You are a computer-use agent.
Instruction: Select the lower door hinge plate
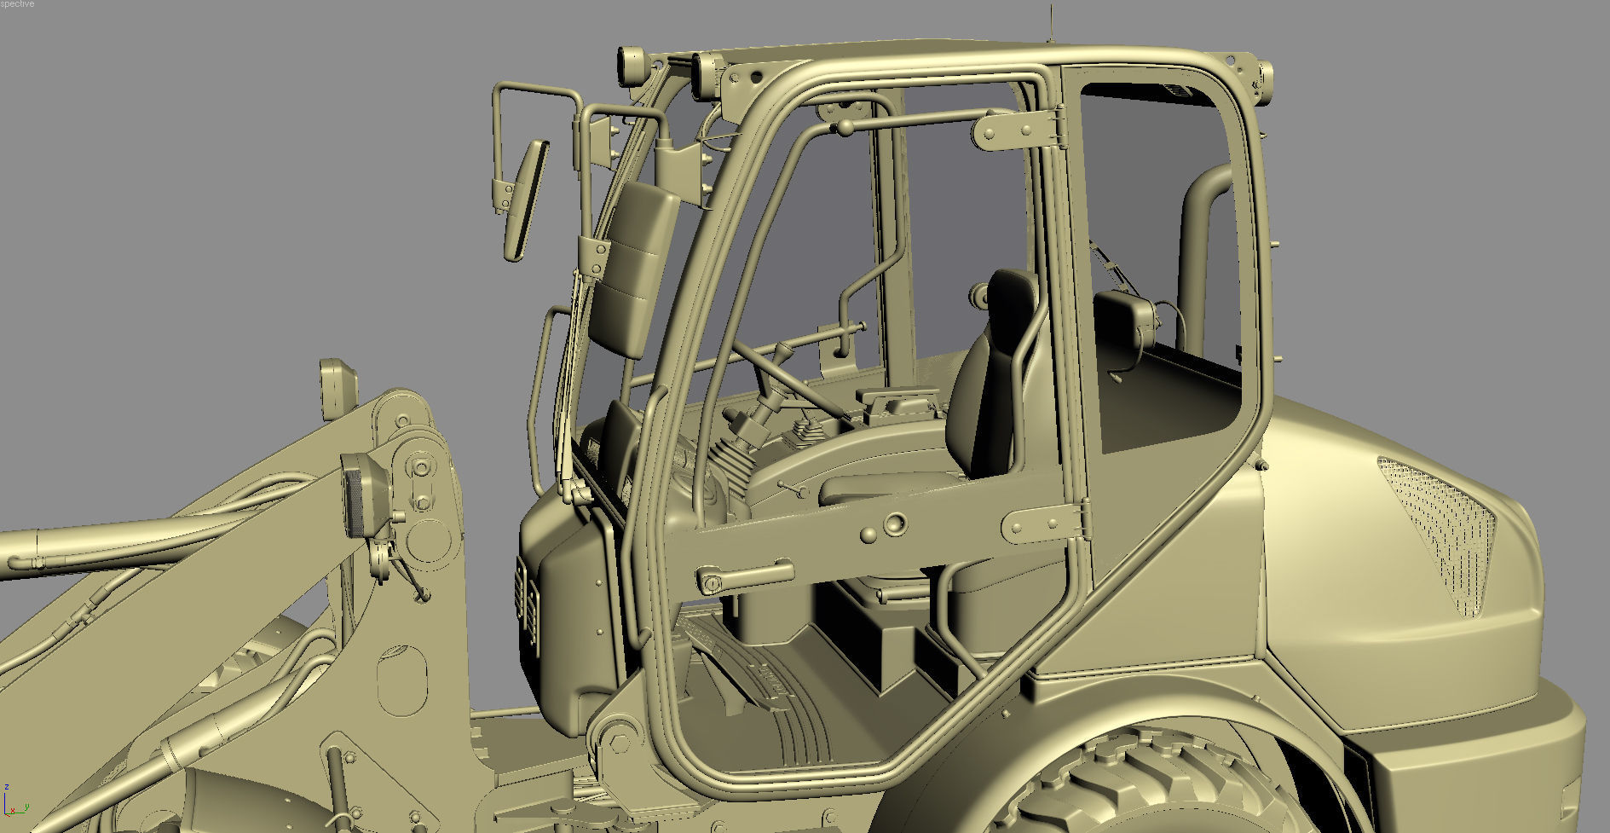1045,522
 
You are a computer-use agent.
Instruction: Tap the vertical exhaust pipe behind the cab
1202,256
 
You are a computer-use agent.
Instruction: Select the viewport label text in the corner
17,4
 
